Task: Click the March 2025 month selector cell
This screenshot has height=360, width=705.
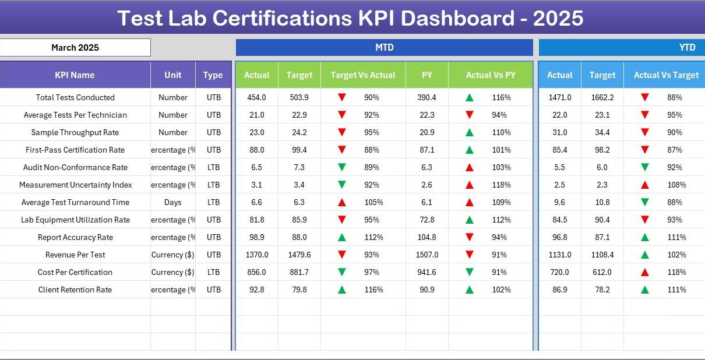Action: coord(75,48)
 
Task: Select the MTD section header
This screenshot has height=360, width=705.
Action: coord(384,48)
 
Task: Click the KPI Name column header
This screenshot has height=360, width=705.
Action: coord(75,75)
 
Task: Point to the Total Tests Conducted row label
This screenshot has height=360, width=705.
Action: coord(75,97)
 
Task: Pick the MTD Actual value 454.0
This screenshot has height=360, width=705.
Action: coord(256,97)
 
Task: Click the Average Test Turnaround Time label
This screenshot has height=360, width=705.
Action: coord(75,202)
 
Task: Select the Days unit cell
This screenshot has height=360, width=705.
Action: coord(172,202)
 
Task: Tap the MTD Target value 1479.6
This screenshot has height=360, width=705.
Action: coord(299,255)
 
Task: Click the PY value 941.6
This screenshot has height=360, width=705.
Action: coord(426,272)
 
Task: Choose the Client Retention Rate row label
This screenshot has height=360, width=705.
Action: coord(75,290)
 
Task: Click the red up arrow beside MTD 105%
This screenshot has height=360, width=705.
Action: coord(342,202)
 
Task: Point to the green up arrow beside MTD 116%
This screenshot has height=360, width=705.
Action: coord(342,290)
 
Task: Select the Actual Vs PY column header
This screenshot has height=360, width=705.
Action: coord(490,75)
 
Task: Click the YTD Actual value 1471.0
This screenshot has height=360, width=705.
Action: coord(559,97)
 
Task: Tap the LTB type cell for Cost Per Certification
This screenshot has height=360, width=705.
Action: coord(213,272)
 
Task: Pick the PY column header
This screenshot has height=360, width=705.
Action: coord(426,75)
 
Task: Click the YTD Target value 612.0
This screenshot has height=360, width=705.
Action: coord(602,272)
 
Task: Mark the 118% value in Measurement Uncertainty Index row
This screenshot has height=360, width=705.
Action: coord(501,185)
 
